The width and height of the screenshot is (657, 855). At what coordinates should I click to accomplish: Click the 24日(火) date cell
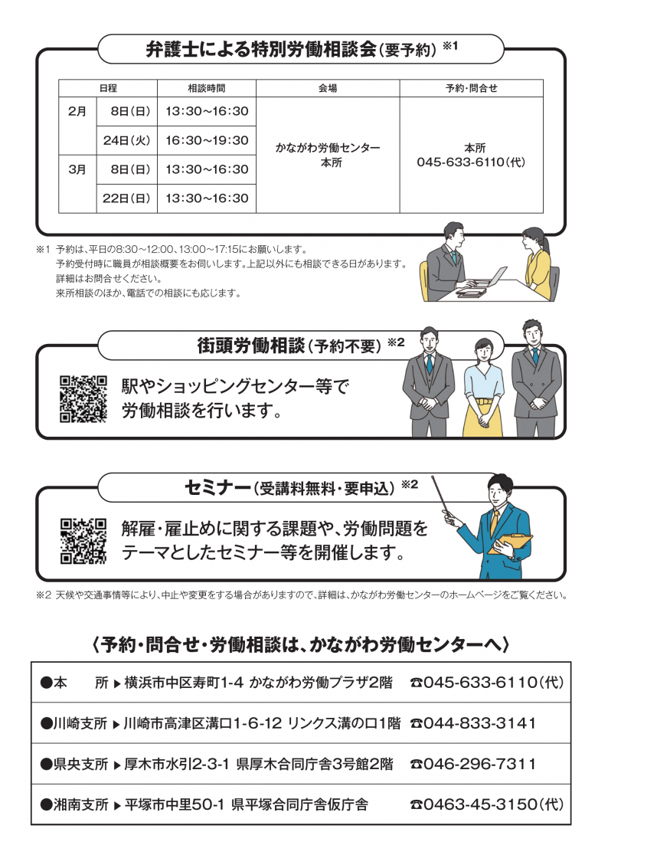126,140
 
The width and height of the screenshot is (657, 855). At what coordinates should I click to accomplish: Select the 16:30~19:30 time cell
207,140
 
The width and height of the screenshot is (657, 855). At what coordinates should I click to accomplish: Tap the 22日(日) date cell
126,198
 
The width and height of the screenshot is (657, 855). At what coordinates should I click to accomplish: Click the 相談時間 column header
207,88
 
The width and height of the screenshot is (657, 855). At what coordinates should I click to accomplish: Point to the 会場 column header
328,88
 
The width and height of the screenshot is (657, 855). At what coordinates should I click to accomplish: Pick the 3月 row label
77,169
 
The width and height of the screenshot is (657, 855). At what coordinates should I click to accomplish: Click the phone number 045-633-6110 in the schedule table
471,162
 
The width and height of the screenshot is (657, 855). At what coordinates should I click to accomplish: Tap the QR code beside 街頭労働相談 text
83,398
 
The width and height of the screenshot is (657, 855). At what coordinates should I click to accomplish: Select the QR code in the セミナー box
83,541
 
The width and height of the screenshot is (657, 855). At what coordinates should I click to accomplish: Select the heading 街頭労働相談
251,346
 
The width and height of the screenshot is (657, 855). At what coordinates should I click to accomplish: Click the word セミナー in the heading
218,487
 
